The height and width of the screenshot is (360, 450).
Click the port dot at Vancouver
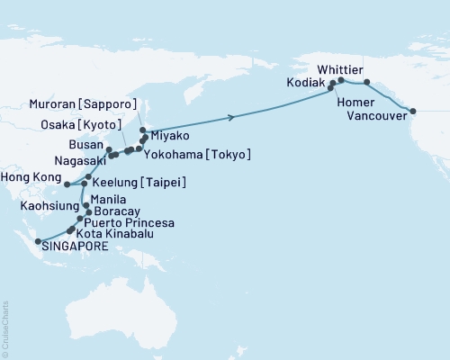pos(413,112)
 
